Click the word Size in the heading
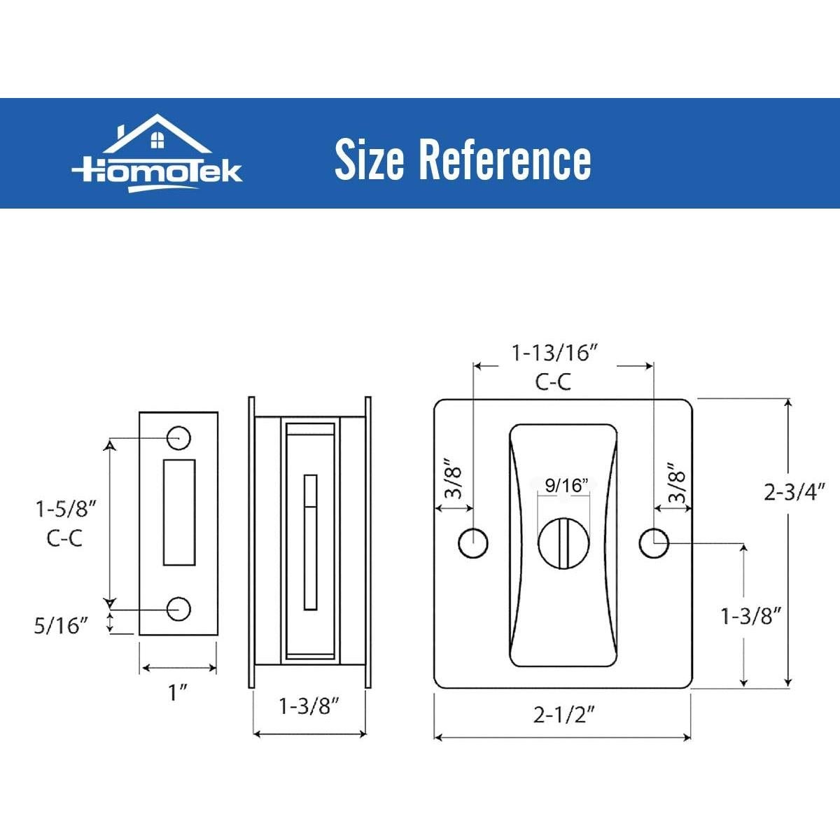pyautogui.click(x=369, y=160)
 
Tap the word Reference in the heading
pyautogui.click(x=505, y=160)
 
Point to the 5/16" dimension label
pyautogui.click(x=62, y=625)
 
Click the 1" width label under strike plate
pyautogui.click(x=178, y=693)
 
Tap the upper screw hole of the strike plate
pyautogui.click(x=178, y=437)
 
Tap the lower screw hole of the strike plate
pyautogui.click(x=178, y=609)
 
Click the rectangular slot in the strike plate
pyautogui.click(x=178, y=512)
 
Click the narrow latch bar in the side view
pyautogui.click(x=309, y=542)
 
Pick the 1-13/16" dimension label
pyautogui.click(x=554, y=353)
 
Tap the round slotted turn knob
pyautogui.click(x=563, y=542)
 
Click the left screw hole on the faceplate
pyautogui.click(x=473, y=542)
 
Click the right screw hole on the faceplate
pyautogui.click(x=654, y=542)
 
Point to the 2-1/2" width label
pyautogui.click(x=563, y=715)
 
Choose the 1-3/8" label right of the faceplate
pyautogui.click(x=750, y=616)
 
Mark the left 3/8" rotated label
pyautogui.click(x=454, y=480)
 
